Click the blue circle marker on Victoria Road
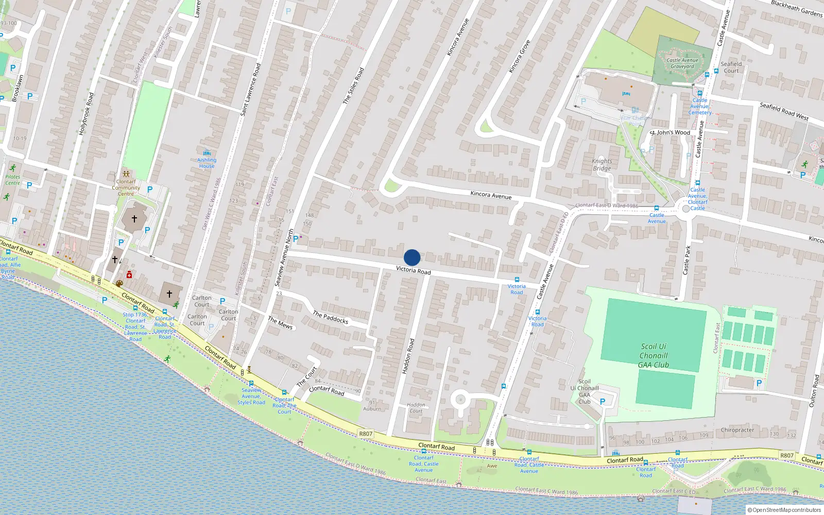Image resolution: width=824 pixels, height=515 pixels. pyautogui.click(x=411, y=257)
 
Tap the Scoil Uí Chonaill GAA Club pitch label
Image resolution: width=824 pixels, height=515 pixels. pyautogui.click(x=654, y=356)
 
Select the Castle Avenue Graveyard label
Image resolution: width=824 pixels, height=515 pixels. pyautogui.click(x=682, y=63)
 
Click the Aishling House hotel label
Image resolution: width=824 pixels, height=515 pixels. pyautogui.click(x=207, y=163)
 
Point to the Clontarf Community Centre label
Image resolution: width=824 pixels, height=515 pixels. pyautogui.click(x=126, y=187)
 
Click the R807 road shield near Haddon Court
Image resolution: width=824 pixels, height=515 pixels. pyautogui.click(x=366, y=434)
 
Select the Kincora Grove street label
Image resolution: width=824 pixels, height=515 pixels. pyautogui.click(x=519, y=57)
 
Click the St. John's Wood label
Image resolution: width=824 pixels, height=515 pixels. pyautogui.click(x=669, y=132)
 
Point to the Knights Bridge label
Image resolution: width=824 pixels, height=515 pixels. pyautogui.click(x=602, y=165)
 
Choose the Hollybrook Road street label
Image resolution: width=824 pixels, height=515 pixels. pyautogui.click(x=86, y=114)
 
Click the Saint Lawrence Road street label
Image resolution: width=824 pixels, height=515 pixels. pyautogui.click(x=251, y=89)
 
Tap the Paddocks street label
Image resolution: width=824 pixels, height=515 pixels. pyautogui.click(x=331, y=317)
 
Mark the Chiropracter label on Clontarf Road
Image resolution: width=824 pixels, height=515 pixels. pyautogui.click(x=737, y=430)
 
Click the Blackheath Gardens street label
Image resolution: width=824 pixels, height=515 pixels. pyautogui.click(x=797, y=8)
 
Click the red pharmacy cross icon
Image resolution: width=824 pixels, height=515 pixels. pyautogui.click(x=129, y=275)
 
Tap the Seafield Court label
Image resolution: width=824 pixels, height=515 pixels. pyautogui.click(x=731, y=67)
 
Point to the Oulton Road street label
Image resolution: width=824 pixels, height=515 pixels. pyautogui.click(x=814, y=391)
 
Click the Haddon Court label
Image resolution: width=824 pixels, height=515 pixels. pyautogui.click(x=416, y=408)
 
